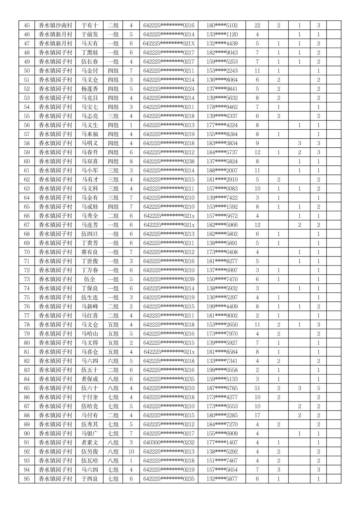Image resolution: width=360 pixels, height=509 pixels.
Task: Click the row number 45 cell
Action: [x=27, y=25]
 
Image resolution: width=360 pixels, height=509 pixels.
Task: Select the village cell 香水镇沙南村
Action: [x=55, y=25]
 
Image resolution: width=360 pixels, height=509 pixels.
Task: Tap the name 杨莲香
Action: [x=89, y=89]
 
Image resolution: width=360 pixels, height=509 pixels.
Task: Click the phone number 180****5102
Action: [x=222, y=25]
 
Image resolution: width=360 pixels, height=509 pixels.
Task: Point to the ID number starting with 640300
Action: [x=169, y=442]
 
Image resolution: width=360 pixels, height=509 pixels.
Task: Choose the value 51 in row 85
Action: [x=257, y=388]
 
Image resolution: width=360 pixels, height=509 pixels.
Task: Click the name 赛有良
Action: [x=89, y=252]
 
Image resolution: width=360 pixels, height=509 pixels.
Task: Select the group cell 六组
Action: [x=113, y=361]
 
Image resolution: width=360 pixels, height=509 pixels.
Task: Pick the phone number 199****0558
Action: [x=222, y=370]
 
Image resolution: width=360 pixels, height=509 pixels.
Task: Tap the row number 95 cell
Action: [x=27, y=479]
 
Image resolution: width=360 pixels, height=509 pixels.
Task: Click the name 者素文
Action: [x=89, y=442]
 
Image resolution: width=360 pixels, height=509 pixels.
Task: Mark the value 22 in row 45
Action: [x=257, y=25]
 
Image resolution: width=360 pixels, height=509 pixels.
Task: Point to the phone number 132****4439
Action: [x=222, y=44]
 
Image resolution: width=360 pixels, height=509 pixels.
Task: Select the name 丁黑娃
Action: [x=89, y=53]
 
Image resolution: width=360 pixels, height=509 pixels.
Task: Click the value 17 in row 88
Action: [x=257, y=415]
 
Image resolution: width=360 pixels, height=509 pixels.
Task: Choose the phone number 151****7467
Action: [x=222, y=460]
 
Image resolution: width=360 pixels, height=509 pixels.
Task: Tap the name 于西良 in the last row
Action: [x=89, y=479]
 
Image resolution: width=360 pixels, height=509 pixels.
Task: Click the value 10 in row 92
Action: [x=131, y=451]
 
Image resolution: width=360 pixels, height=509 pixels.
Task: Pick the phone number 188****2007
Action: [x=222, y=170]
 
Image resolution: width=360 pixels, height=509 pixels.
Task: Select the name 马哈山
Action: [x=89, y=334]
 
